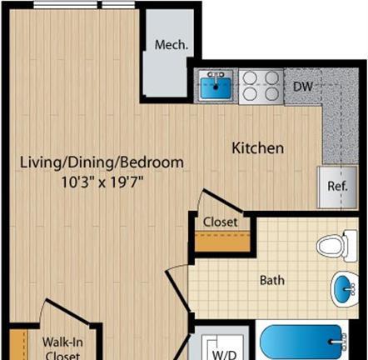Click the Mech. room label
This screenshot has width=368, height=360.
pyautogui.click(x=172, y=45)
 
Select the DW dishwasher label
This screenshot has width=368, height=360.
pyautogui.click(x=303, y=87)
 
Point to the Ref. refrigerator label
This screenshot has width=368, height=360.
pyautogui.click(x=337, y=186)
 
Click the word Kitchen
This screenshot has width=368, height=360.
pyautogui.click(x=258, y=148)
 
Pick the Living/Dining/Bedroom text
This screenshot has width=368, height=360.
pyautogui.click(x=102, y=162)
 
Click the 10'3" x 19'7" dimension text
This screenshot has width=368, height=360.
pyautogui.click(x=102, y=182)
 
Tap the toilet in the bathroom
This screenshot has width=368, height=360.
pyautogui.click(x=336, y=246)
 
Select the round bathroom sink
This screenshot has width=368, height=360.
pyautogui.click(x=344, y=289)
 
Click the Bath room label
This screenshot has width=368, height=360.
pyautogui.click(x=272, y=280)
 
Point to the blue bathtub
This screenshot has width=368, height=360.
pyautogui.click(x=301, y=342)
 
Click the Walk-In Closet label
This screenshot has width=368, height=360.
pyautogui.click(x=62, y=348)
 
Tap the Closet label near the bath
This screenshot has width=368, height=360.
pyautogui.click(x=221, y=222)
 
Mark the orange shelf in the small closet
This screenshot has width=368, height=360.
pyautogui.click(x=222, y=242)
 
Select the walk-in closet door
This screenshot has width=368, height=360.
pyautogui.click(x=68, y=311)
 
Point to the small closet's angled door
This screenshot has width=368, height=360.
pyautogui.click(x=223, y=201)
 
